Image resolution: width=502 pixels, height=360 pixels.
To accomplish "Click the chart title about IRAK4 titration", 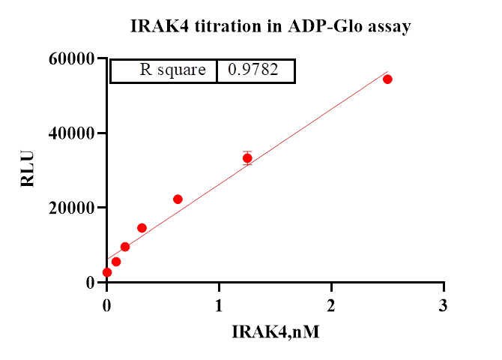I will point(270,27).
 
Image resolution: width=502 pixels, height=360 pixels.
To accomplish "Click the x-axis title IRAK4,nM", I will point(276,331).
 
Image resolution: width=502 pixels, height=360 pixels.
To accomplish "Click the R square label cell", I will point(172,70).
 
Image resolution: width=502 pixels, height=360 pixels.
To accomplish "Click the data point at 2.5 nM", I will point(387,79).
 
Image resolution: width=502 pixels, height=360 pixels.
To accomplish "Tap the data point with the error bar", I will point(247,158).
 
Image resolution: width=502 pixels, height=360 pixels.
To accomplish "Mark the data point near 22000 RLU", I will point(178,199).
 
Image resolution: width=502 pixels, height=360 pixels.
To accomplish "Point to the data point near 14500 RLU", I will point(142,228).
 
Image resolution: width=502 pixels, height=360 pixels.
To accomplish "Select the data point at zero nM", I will point(107,272).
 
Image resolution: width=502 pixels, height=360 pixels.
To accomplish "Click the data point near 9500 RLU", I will point(125,247).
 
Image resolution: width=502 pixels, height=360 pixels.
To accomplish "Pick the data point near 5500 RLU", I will point(116,262).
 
